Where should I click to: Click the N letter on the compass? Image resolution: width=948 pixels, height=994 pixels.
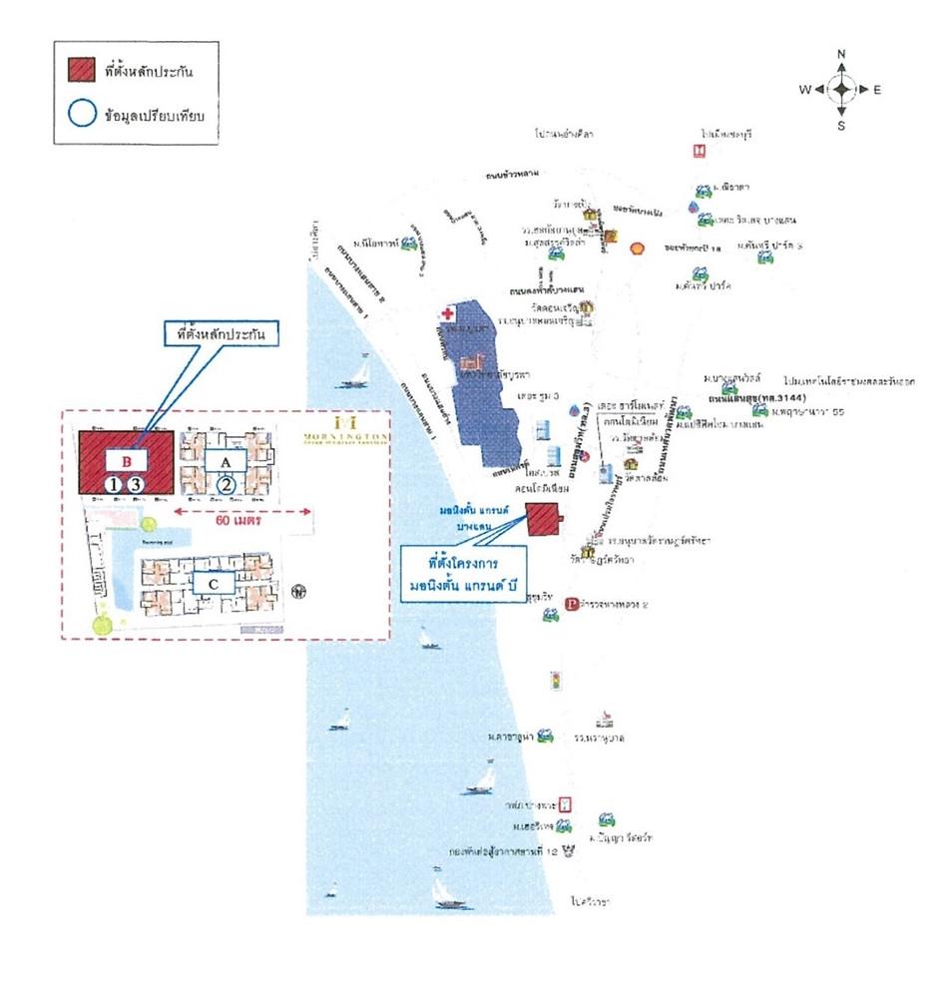tap(841, 54)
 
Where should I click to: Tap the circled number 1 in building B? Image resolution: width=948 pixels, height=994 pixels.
tap(115, 484)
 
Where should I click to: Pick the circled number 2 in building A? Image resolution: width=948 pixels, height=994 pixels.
tap(227, 484)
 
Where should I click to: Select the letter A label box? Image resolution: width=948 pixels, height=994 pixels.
tap(227, 460)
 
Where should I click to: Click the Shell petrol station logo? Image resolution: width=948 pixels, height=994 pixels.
tap(633, 247)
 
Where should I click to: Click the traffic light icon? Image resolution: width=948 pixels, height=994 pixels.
tap(556, 681)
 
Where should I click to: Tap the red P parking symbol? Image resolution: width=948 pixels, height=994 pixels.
tap(572, 604)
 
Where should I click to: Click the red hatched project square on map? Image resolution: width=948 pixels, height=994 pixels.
tap(544, 519)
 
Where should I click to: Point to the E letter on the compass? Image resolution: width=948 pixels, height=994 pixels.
tap(877, 90)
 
